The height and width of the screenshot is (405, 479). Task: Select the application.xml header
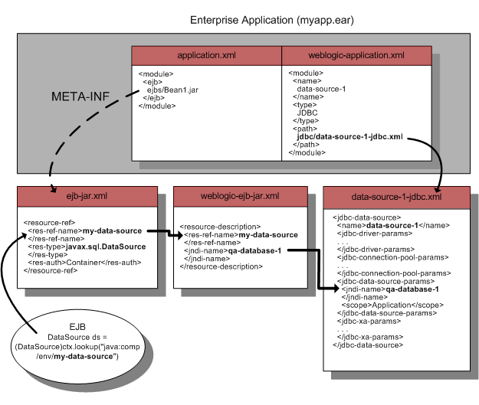[x=206, y=56]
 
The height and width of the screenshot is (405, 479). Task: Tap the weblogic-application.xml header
[x=356, y=56]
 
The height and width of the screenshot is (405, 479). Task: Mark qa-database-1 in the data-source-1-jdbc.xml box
[x=412, y=289]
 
